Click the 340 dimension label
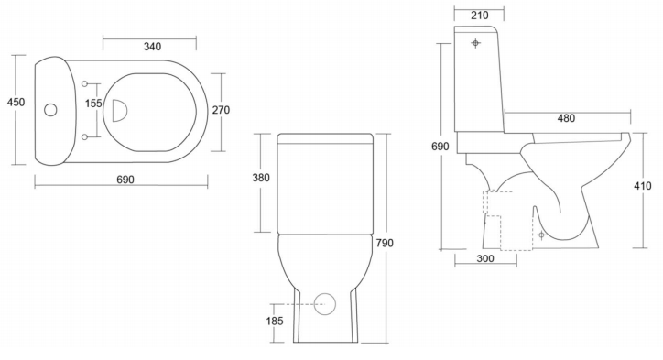[152, 47]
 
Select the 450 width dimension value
[16, 102]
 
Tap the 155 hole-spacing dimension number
[93, 104]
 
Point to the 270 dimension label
[221, 110]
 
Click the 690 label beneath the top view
[125, 180]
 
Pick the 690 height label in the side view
[440, 147]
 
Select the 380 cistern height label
[261, 178]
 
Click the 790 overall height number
[385, 243]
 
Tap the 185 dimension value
[275, 322]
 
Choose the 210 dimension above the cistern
[480, 16]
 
